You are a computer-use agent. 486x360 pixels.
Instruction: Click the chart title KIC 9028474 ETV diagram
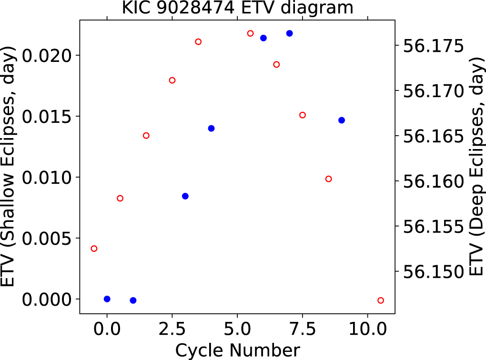coord(238,8)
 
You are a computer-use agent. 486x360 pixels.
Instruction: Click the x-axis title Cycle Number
coord(238,350)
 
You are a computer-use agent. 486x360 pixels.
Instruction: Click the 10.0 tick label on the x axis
coord(367,329)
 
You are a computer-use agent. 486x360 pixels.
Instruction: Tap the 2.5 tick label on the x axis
coord(172,329)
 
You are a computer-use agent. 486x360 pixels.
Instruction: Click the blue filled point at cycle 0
coord(107,299)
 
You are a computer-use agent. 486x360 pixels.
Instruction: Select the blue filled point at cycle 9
coord(342,120)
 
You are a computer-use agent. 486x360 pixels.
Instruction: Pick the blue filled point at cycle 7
coord(289,33)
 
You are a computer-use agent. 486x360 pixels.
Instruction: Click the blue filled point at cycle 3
coord(185,196)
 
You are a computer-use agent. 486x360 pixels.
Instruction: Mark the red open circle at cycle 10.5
coord(381,300)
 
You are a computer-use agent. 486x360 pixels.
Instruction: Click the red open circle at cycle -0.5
coord(94,249)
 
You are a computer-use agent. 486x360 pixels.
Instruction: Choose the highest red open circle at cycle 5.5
coord(251,33)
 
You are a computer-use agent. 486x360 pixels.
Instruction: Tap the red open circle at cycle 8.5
coord(328,179)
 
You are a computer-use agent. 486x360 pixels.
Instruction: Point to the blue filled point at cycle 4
coord(211,128)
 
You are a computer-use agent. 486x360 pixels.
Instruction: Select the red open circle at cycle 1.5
coord(146,136)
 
